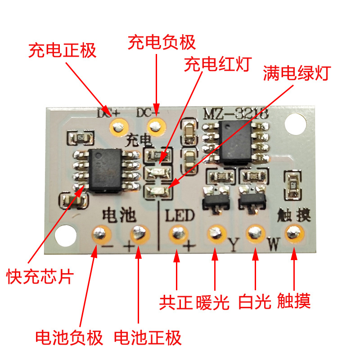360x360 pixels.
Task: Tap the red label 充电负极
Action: click(162, 43)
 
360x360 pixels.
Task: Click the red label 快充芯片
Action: click(40, 276)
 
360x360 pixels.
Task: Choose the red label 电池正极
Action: click(148, 337)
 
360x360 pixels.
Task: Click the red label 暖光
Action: click(213, 301)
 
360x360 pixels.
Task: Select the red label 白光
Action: click(253, 301)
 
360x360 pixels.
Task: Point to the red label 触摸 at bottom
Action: click(294, 301)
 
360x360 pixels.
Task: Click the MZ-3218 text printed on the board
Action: click(236, 114)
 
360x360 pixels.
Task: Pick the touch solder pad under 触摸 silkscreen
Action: click(294, 233)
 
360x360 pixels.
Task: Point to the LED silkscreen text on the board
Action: click(180, 215)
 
